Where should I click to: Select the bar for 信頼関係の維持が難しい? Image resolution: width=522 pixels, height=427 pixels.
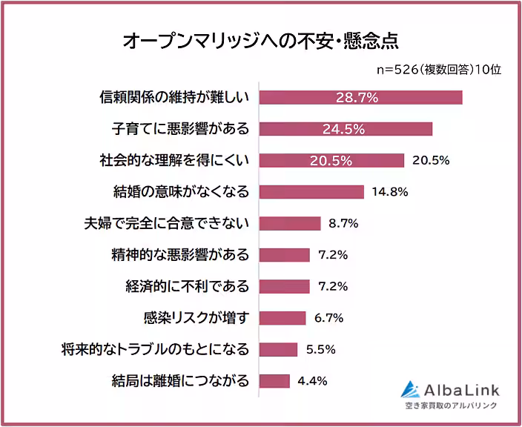pos(360,97)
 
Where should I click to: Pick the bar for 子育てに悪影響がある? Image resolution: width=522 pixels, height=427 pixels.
pos(345,129)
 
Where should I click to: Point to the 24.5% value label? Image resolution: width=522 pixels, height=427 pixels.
pos(343,129)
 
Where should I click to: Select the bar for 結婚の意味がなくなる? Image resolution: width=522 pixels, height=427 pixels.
pos(311,191)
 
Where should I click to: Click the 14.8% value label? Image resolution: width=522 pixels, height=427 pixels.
pos(389,191)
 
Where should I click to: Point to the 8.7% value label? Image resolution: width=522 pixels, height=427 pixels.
pos(343,223)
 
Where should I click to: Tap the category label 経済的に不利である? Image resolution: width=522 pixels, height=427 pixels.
pos(187,286)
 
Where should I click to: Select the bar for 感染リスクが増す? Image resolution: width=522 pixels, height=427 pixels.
pos(282,317)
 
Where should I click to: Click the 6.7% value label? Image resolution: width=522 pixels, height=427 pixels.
pos(328,317)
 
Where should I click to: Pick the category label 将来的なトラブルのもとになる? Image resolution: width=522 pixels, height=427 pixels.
pos(155,349)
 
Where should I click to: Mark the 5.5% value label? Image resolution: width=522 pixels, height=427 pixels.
pos(321,349)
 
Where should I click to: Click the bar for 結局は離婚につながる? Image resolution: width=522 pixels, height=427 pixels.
pos(274,381)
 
